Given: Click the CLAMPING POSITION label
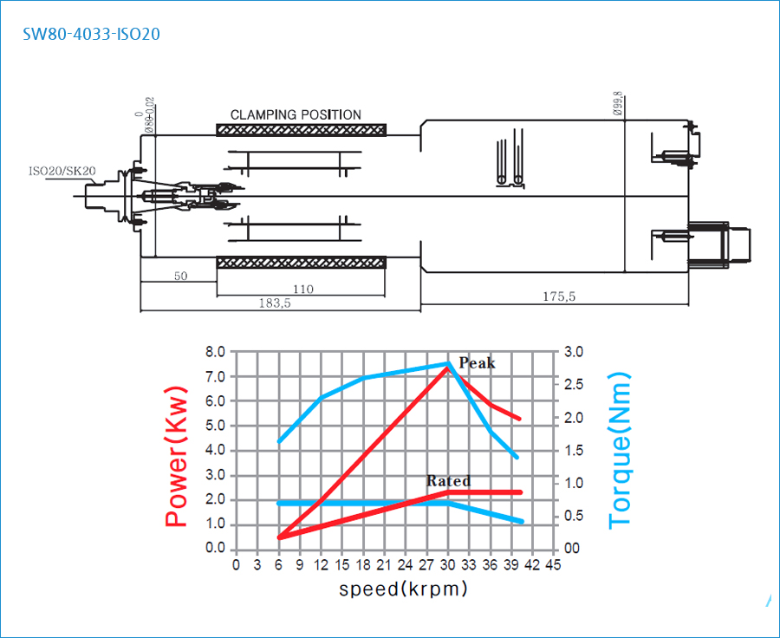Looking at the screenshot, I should pyautogui.click(x=296, y=114).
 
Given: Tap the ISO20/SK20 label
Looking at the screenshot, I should pyautogui.click(x=62, y=172).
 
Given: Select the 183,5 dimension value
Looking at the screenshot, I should pyautogui.click(x=275, y=303).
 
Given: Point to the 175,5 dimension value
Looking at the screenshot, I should pyautogui.click(x=559, y=296).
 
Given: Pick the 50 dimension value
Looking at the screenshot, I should pyautogui.click(x=180, y=276).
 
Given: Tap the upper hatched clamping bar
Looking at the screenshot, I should pyautogui.click(x=301, y=130).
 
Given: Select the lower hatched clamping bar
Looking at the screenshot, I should pyautogui.click(x=301, y=262).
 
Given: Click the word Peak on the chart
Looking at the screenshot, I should pyautogui.click(x=477, y=363).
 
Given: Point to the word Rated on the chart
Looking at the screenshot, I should pyautogui.click(x=448, y=481).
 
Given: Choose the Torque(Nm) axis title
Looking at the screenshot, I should pyautogui.click(x=621, y=450).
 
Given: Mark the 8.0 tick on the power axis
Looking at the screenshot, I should pyautogui.click(x=214, y=352).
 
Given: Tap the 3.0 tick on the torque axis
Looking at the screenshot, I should pyautogui.click(x=575, y=352).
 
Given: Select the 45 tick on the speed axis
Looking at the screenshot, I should pyautogui.click(x=554, y=565).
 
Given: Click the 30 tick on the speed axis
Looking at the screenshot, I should pyautogui.click(x=448, y=565).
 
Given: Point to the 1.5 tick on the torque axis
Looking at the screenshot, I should pyautogui.click(x=575, y=451).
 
